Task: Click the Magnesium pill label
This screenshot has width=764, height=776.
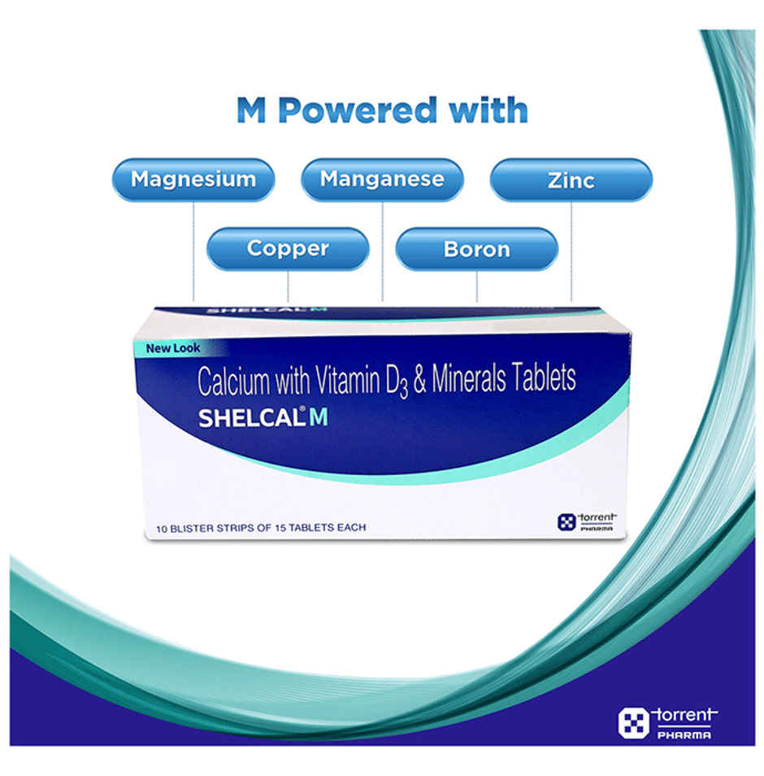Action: coord(193,179)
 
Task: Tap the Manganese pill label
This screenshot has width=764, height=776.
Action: coord(382,179)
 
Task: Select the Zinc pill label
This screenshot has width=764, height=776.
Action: coord(571,180)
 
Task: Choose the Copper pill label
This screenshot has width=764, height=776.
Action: coord(288,249)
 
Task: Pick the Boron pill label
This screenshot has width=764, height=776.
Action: coord(476,249)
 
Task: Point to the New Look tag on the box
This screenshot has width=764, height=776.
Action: coord(172,348)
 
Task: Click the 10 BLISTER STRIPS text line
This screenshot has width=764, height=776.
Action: coord(257,527)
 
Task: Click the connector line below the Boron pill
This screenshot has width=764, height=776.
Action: coord(476,286)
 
